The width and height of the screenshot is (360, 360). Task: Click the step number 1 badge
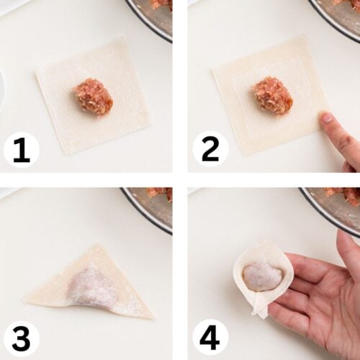pyautogui.click(x=22, y=149)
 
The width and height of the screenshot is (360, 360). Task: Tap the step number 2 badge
pyautogui.click(x=210, y=149)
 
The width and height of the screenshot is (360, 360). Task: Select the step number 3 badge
pyautogui.click(x=22, y=338)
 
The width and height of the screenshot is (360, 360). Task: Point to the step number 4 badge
pyautogui.click(x=210, y=338)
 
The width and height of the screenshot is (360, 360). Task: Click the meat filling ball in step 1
pyautogui.click(x=93, y=96)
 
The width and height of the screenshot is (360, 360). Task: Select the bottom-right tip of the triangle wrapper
pyautogui.click(x=153, y=319)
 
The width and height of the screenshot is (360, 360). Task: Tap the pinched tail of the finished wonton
pyautogui.click(x=261, y=308)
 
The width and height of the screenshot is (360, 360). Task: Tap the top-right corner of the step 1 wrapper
pyautogui.click(x=125, y=38)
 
